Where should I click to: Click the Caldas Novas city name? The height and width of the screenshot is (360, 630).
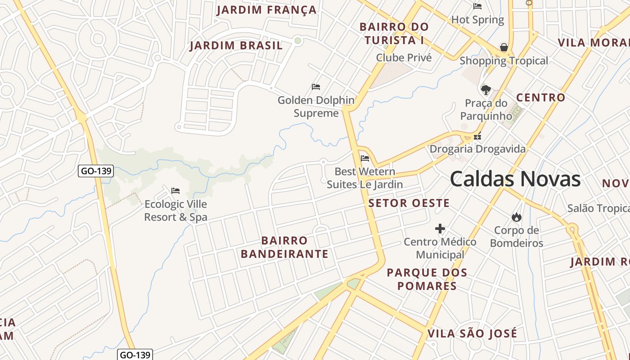pyautogui.click(x=515, y=179)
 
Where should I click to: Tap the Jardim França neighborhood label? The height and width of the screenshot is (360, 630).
pyautogui.click(x=266, y=10)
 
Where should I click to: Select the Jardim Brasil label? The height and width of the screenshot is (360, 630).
pyautogui.click(x=236, y=45)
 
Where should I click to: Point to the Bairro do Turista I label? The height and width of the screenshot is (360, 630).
pyautogui.click(x=394, y=34)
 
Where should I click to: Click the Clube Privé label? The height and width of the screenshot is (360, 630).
pyautogui.click(x=404, y=58)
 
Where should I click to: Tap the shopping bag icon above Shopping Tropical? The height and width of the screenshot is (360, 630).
pyautogui.click(x=504, y=47)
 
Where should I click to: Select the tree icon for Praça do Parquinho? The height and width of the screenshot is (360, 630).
pyautogui.click(x=486, y=90)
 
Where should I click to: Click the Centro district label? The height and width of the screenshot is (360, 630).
pyautogui.click(x=540, y=98)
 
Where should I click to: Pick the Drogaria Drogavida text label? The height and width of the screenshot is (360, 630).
pyautogui.click(x=477, y=148)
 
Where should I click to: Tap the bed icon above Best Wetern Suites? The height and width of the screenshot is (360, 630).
pyautogui.click(x=365, y=158)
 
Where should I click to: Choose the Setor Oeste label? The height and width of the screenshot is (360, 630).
pyautogui.click(x=409, y=203)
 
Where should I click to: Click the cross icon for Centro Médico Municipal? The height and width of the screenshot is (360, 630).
pyautogui.click(x=440, y=229)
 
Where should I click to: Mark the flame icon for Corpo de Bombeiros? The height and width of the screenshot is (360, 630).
pyautogui.click(x=517, y=217)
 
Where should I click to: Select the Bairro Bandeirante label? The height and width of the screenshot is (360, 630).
pyautogui.click(x=284, y=247)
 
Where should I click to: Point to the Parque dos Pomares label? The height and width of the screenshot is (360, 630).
pyautogui.click(x=427, y=279)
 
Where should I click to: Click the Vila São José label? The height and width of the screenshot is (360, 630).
pyautogui.click(x=472, y=333)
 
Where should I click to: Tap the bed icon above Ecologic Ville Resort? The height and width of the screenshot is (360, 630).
pyautogui.click(x=175, y=191)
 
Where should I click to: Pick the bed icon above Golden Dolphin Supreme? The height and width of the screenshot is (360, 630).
pyautogui.click(x=316, y=87)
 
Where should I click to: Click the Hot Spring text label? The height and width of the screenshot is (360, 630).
pyautogui.click(x=477, y=20)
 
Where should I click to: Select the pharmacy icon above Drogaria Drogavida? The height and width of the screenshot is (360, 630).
pyautogui.click(x=477, y=136)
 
